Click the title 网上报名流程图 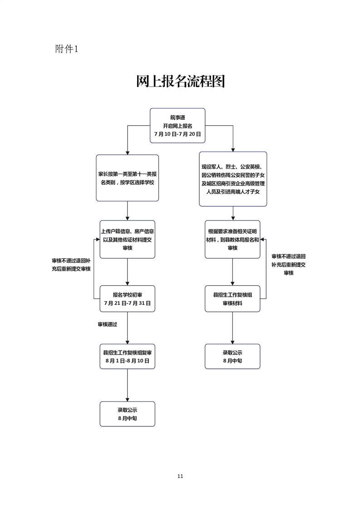click(180, 82)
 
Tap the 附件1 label click(67, 49)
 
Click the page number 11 click(180, 476)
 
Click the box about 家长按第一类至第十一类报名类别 click(127, 177)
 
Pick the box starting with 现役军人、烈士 click(233, 179)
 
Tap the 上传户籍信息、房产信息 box click(127, 239)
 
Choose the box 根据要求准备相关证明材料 click(232, 239)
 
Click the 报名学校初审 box click(127, 299)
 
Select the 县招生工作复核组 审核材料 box click(232, 299)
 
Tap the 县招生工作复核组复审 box click(127, 357)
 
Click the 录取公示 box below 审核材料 click(232, 356)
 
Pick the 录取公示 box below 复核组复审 click(127, 414)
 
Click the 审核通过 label click(108, 324)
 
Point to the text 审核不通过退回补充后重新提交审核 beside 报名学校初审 click(71, 265)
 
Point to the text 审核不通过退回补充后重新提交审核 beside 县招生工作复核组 click(288, 264)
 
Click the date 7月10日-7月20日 click(178, 134)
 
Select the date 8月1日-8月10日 click(127, 361)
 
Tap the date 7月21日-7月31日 click(127, 303)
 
